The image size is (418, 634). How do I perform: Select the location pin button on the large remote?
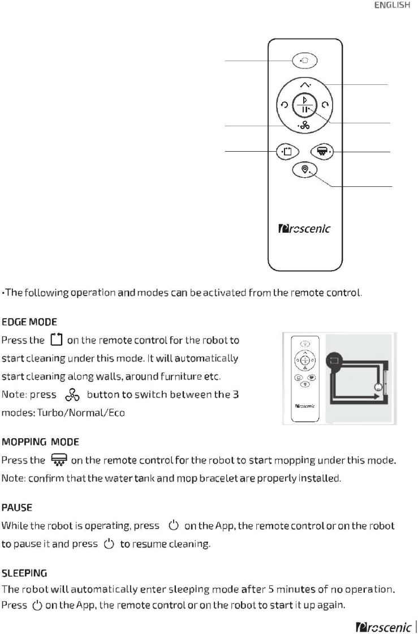coord(305,169)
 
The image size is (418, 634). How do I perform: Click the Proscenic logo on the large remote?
coord(305,229)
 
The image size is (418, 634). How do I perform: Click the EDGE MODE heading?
coord(29,323)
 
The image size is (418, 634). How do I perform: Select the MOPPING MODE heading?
coord(40,441)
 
